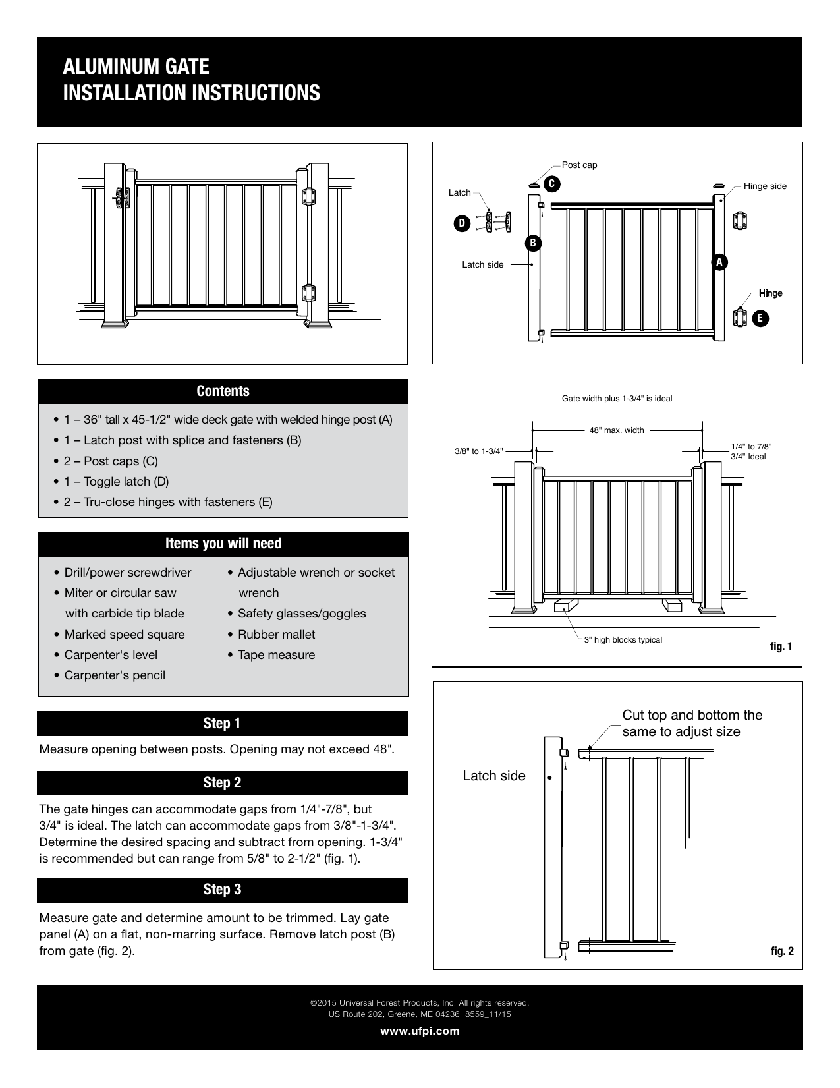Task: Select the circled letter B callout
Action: coord(532,243)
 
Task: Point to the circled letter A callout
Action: coord(719,262)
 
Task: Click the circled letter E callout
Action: coord(760,318)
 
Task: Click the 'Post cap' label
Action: coord(579,165)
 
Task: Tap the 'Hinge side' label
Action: coord(765,186)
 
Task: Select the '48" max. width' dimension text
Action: coord(617,430)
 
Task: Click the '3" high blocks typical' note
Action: coord(623,639)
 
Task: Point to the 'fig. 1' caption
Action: coord(781,646)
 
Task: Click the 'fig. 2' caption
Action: coord(782,951)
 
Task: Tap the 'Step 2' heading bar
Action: coord(222,783)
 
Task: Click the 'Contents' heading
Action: coord(223,391)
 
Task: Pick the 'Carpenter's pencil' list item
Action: coord(115,675)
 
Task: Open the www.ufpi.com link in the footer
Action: coord(420,1031)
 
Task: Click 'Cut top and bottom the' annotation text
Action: coord(692,715)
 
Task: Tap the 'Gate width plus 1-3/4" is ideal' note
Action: coord(617,399)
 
